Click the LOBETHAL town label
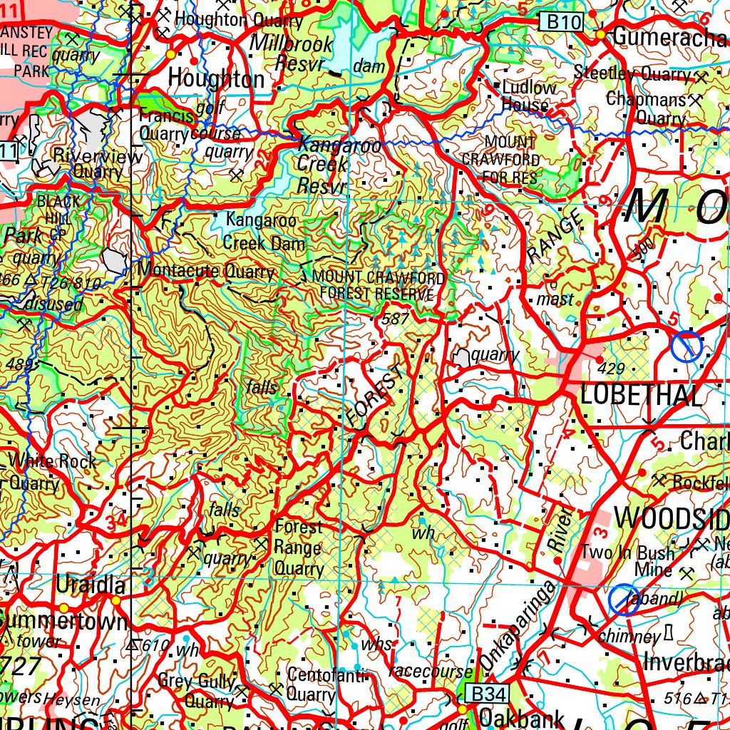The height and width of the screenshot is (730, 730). pyautogui.click(x=641, y=394)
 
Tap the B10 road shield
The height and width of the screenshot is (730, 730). pyautogui.click(x=564, y=22)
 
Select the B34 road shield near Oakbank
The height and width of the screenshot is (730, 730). pyautogui.click(x=488, y=693)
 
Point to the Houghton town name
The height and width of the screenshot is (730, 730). pyautogui.click(x=216, y=79)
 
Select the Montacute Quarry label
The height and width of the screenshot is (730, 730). pyautogui.click(x=206, y=272)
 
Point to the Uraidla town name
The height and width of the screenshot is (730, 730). pyautogui.click(x=91, y=587)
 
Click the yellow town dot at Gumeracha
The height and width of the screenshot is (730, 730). pyautogui.click(x=601, y=34)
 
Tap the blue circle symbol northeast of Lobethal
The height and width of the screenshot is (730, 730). pyautogui.click(x=686, y=346)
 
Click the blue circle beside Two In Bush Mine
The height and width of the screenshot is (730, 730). pyautogui.click(x=623, y=600)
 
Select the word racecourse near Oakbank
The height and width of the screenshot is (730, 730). pyautogui.click(x=431, y=671)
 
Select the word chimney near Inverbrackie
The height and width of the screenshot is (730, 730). pyautogui.click(x=629, y=635)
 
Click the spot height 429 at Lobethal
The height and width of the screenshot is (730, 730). pyautogui.click(x=612, y=369)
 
